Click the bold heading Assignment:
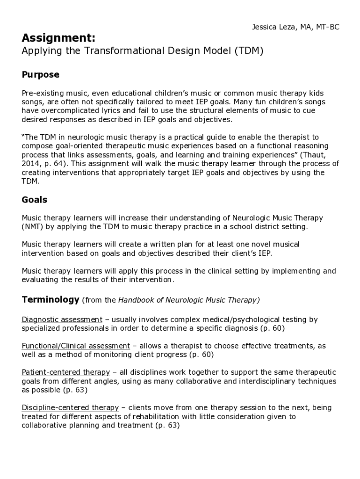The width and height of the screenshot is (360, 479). pyautogui.click(x=59, y=37)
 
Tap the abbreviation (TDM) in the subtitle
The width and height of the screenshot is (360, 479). pyautogui.click(x=248, y=51)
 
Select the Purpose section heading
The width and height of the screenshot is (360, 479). pyautogui.click(x=41, y=75)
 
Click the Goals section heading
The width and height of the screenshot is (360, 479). pyautogui.click(x=35, y=200)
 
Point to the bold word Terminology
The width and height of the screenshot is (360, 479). pyautogui.click(x=50, y=299)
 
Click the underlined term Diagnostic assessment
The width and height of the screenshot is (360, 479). pyautogui.click(x=62, y=319)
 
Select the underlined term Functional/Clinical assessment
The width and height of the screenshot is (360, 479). pyautogui.click(x=76, y=346)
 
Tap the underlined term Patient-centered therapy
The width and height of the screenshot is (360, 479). pyautogui.click(x=66, y=372)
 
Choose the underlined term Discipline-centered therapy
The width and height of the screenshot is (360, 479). pyautogui.click(x=71, y=407)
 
